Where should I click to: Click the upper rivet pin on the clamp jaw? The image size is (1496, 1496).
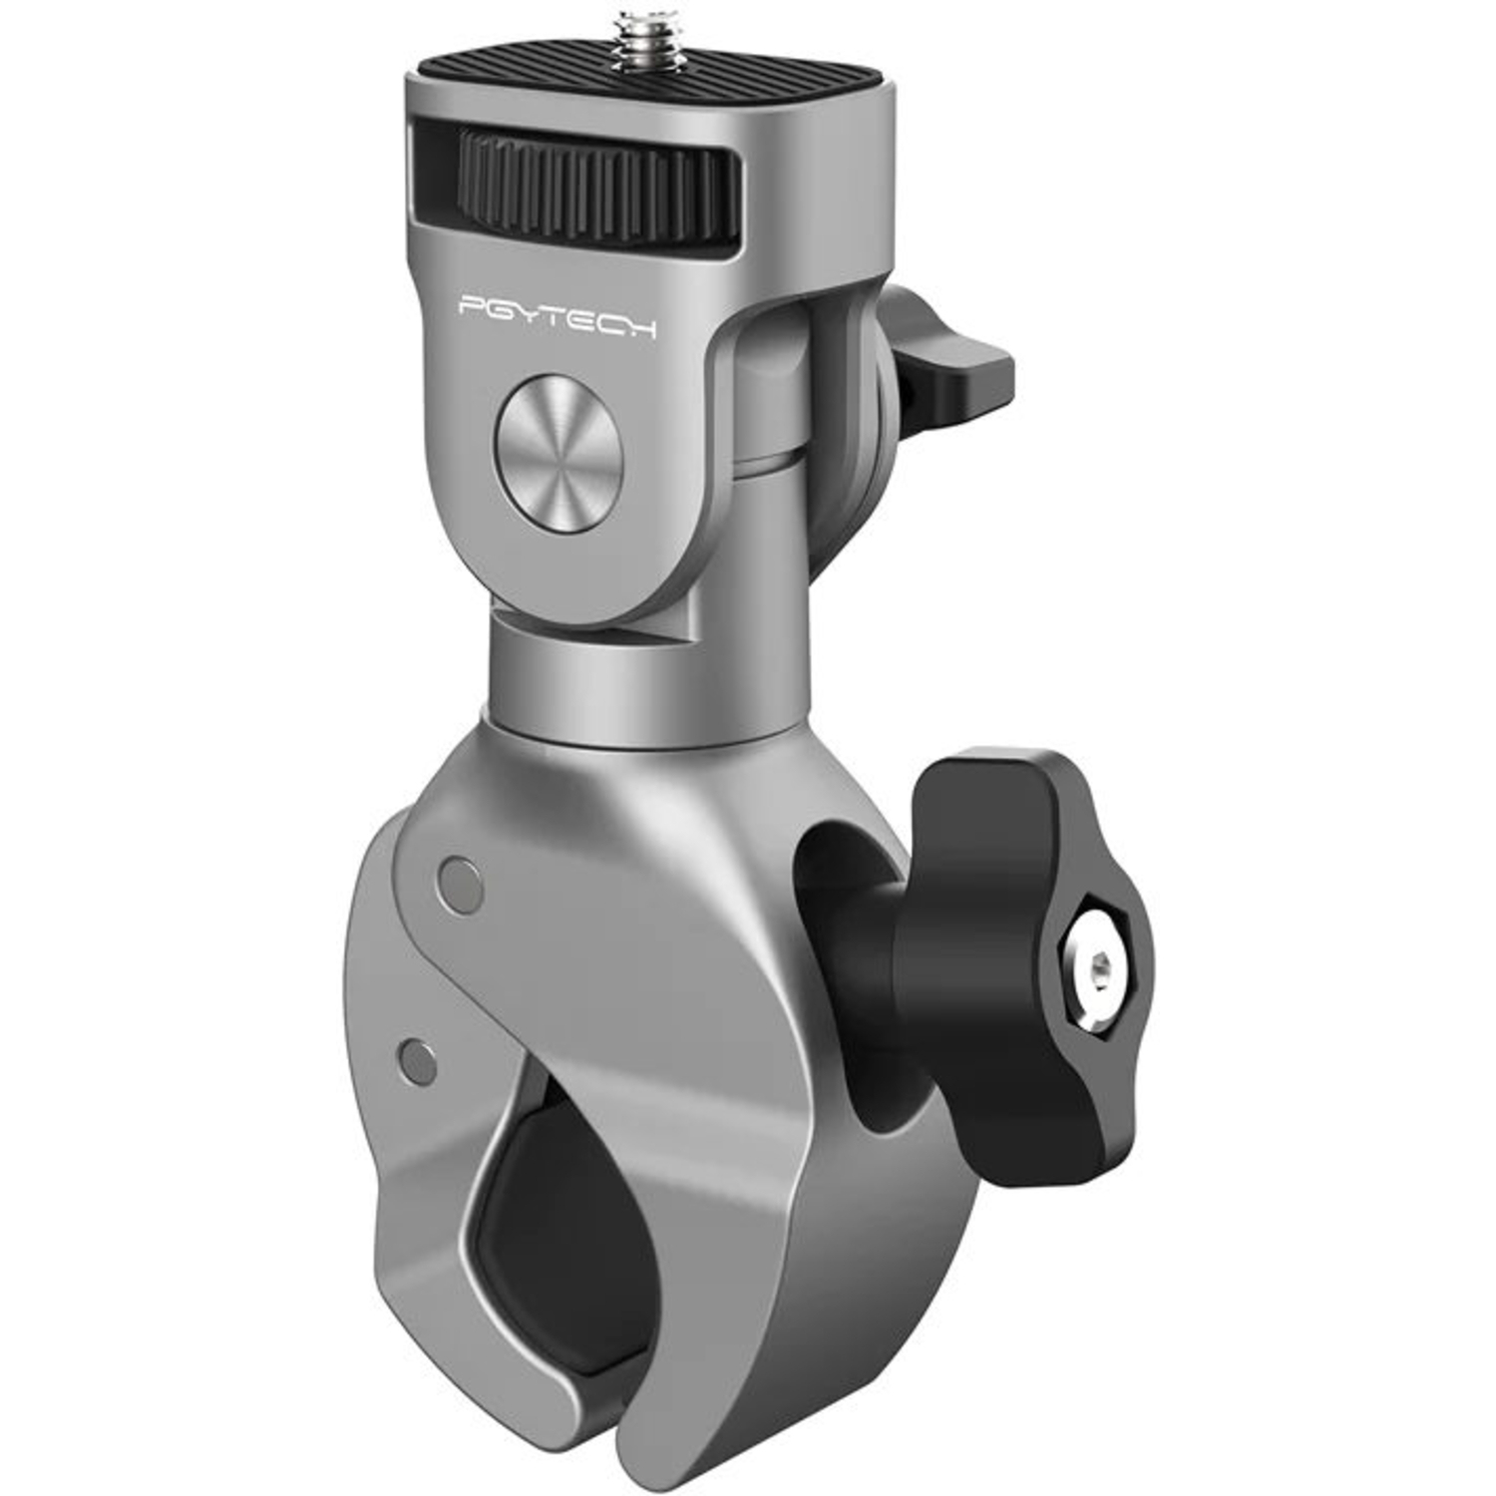(460, 884)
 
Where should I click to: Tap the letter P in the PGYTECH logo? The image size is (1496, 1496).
(471, 305)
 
